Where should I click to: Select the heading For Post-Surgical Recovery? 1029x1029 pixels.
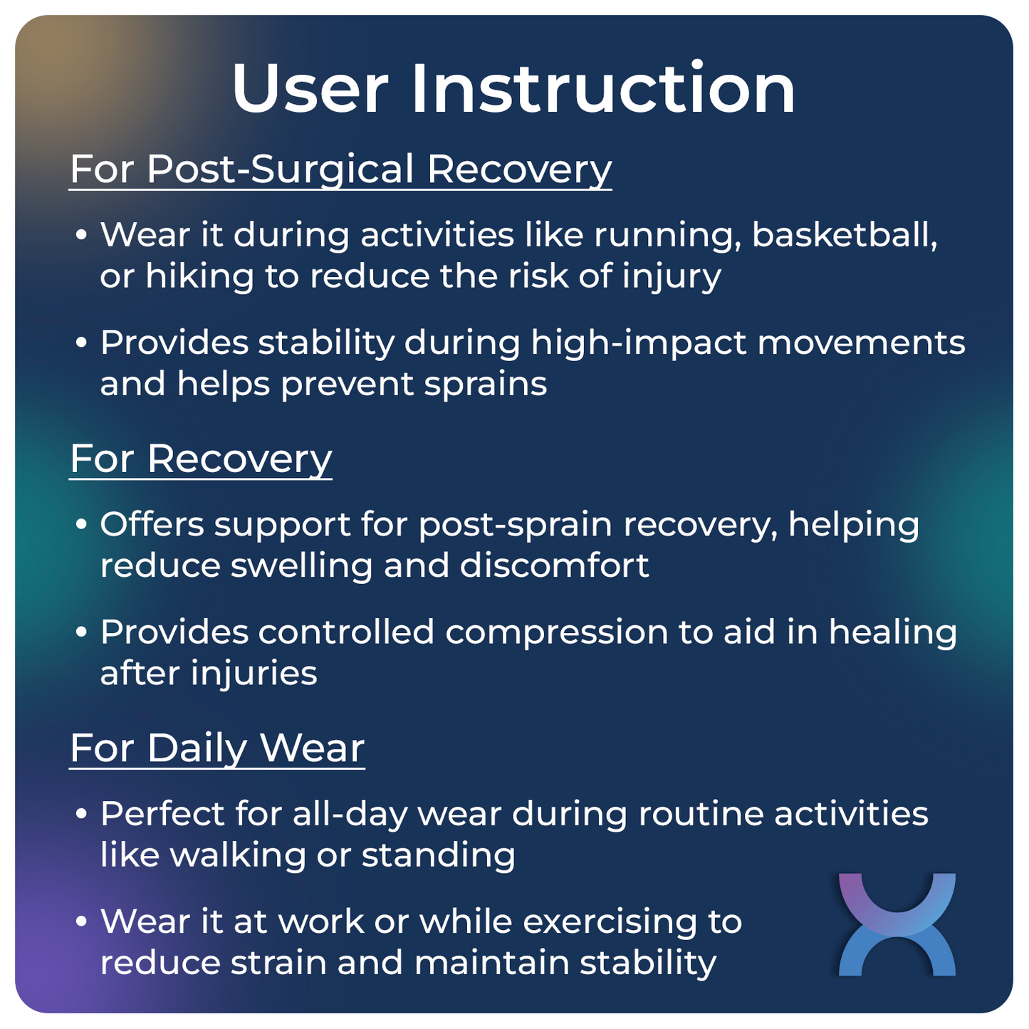[340, 169]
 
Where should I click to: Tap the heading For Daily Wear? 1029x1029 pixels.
[217, 748]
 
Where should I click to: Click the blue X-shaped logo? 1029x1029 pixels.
[897, 924]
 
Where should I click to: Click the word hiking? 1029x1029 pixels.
[199, 276]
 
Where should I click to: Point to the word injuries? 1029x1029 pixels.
[254, 674]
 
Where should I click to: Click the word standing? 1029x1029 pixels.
[438, 855]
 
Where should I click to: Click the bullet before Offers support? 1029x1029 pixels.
[81, 525]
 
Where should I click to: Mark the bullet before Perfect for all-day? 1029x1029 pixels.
[81, 814]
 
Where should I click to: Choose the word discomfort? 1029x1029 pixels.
[554, 566]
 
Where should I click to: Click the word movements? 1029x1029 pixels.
[860, 343]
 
